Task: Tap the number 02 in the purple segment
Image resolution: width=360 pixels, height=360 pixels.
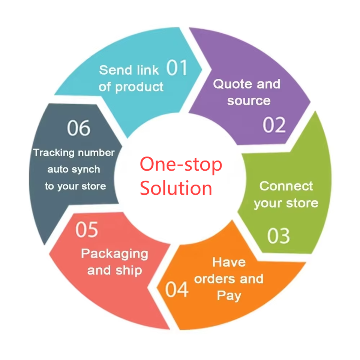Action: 274,125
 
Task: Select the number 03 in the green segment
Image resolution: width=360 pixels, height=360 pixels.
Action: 278,235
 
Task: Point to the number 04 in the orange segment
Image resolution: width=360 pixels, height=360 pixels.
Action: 177,289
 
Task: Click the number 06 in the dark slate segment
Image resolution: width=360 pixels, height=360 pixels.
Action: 79,128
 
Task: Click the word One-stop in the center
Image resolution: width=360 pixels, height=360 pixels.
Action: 181,165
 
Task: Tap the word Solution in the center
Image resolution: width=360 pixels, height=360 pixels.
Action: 176,188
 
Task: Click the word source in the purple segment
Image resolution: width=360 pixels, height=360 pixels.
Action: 249,100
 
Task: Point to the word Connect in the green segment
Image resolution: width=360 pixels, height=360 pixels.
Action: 286,186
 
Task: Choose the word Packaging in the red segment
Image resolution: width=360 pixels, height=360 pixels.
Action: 114,254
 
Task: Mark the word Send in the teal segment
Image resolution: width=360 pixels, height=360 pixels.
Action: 115,70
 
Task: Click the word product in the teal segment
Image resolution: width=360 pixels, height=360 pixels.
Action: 139,87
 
